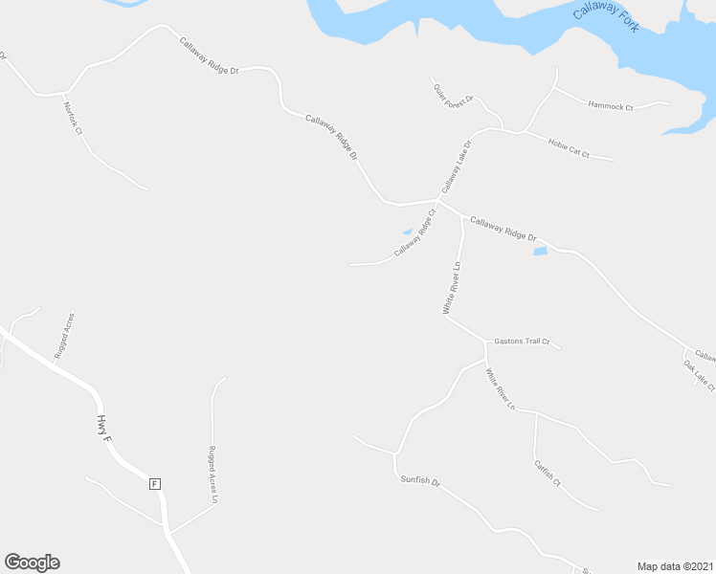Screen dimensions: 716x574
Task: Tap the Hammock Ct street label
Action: [x=611, y=105]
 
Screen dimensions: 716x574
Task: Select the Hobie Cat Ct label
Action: [x=568, y=148]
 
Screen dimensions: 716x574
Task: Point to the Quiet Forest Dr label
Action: [x=453, y=95]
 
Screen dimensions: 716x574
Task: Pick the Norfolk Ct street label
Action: [x=73, y=119]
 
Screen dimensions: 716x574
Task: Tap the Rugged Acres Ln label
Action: [x=213, y=473]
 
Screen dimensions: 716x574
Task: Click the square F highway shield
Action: [x=153, y=484]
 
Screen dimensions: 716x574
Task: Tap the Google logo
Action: [x=32, y=563]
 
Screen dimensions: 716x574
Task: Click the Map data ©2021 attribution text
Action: [x=674, y=565]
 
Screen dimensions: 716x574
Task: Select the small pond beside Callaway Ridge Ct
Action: [x=407, y=232]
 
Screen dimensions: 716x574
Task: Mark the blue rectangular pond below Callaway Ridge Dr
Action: [x=540, y=252]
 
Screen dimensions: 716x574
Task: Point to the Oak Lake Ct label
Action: [x=699, y=373]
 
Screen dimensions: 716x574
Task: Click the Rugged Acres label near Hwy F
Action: [x=64, y=336]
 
